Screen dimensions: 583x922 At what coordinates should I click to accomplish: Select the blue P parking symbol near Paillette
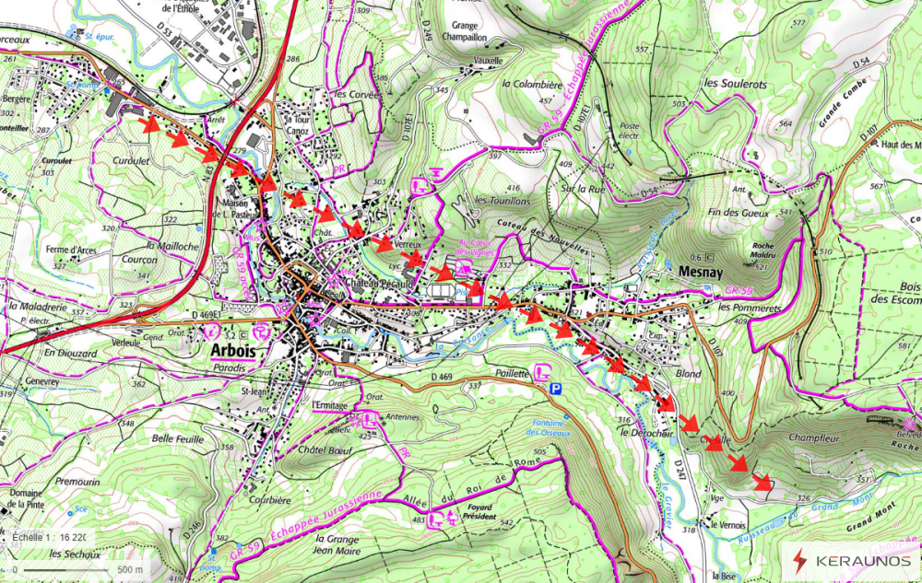pyautogui.click(x=555, y=391)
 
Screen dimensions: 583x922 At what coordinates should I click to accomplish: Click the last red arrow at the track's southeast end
pyautogui.click(x=762, y=481)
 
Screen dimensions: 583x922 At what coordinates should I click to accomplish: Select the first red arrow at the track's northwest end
pyautogui.click(x=148, y=124)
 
